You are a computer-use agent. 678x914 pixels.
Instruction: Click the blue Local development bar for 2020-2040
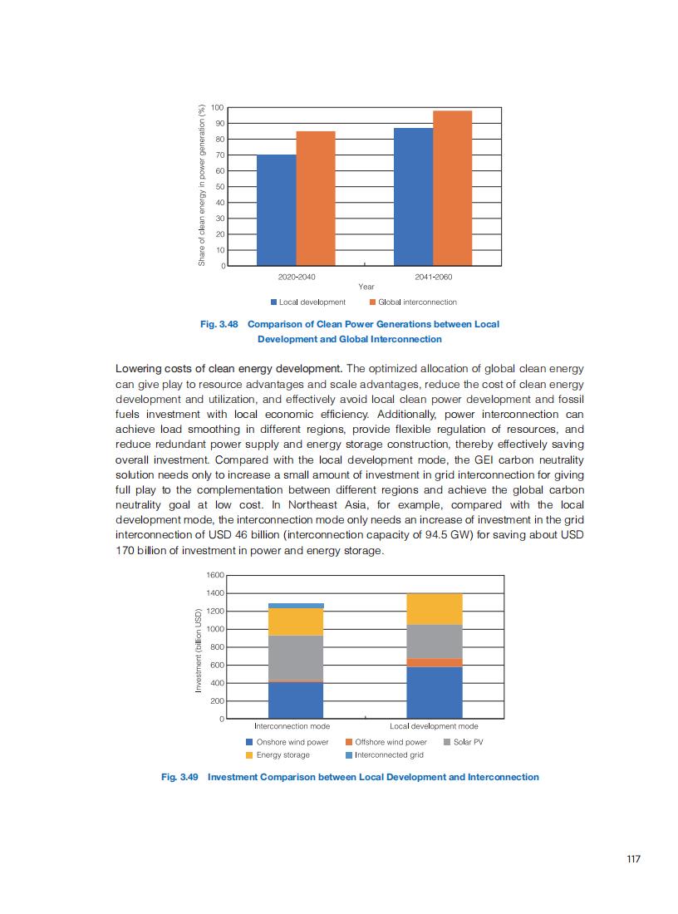click(x=277, y=210)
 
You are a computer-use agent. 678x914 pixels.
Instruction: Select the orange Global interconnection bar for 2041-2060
click(x=452, y=188)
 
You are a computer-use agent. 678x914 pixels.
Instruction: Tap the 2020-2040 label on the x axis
click(x=297, y=276)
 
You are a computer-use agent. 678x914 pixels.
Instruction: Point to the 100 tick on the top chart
click(x=218, y=107)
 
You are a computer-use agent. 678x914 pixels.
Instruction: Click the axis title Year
click(x=366, y=287)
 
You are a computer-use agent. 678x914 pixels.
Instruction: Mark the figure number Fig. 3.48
click(x=218, y=324)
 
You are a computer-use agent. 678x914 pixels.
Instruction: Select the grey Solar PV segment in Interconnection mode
click(x=296, y=657)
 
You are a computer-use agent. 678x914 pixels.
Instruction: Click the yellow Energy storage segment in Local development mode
click(x=435, y=608)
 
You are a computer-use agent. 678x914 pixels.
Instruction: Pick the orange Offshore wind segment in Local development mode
click(x=435, y=662)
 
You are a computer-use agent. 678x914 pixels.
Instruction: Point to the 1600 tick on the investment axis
click(x=214, y=575)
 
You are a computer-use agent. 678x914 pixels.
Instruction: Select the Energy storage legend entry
click(x=282, y=754)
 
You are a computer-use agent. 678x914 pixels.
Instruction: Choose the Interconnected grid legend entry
click(x=388, y=754)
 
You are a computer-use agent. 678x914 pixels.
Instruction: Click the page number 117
click(x=633, y=859)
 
